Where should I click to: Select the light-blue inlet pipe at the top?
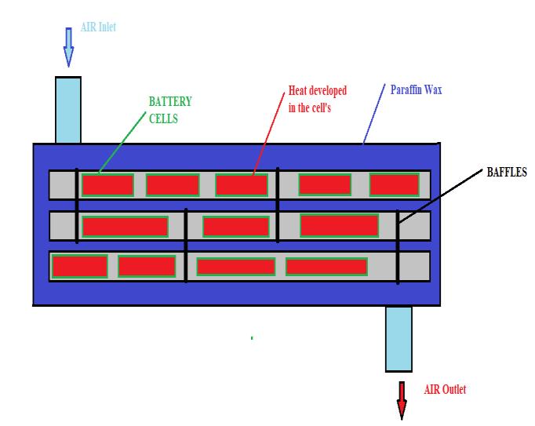[x=68, y=110]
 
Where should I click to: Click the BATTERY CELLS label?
[x=169, y=111]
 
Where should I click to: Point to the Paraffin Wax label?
[x=417, y=89]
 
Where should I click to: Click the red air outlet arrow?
[x=402, y=400]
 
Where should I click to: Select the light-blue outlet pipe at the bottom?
[x=399, y=338]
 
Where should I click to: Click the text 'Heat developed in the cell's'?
[x=312, y=100]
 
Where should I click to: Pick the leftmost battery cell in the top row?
[x=107, y=185]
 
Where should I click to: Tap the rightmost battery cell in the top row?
[x=395, y=184]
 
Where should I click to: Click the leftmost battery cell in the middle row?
[x=125, y=227]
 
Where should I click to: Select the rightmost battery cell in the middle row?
[x=340, y=225]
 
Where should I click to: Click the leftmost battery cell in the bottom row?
[x=79, y=267]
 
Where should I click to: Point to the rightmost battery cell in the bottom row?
[x=326, y=267]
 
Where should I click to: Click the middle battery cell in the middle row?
[x=236, y=227]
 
